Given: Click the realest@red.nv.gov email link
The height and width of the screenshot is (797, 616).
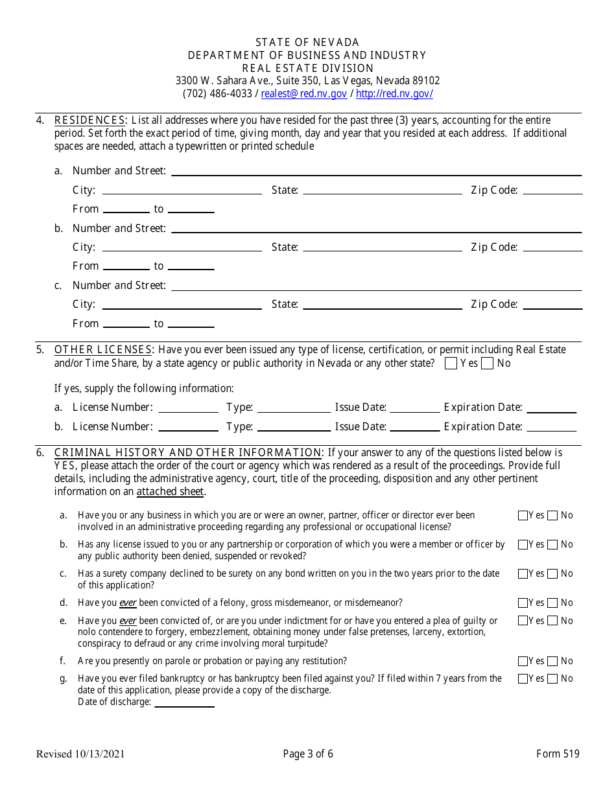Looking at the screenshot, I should [x=303, y=94].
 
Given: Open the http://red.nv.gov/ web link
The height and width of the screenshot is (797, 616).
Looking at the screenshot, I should [x=394, y=94].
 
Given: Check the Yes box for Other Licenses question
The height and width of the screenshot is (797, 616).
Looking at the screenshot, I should [x=451, y=364].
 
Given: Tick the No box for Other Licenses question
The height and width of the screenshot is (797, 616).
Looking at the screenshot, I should [x=488, y=364].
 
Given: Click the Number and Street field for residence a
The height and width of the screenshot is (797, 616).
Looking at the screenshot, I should [x=376, y=171].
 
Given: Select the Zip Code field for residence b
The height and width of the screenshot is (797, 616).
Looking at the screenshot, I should [x=552, y=248].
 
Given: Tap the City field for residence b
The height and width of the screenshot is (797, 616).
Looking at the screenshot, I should [x=182, y=248].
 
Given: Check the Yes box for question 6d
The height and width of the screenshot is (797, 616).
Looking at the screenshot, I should [x=523, y=603].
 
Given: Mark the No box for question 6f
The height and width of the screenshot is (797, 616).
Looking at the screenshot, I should [x=552, y=662].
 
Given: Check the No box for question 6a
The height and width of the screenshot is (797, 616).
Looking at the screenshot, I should [x=552, y=516].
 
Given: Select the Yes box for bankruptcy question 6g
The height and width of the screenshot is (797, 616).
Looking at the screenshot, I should [x=523, y=679].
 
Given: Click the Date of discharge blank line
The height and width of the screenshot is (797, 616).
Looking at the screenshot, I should [x=184, y=702].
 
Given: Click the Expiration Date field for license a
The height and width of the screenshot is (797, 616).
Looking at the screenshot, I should [x=551, y=408].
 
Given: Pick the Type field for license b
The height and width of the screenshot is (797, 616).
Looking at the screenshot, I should [x=294, y=427].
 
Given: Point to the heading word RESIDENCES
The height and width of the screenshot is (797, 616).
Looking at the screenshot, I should [x=90, y=121].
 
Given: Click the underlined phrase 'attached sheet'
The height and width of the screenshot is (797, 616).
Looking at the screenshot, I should [x=171, y=492].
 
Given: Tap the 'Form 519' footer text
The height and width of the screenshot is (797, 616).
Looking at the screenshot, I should [x=558, y=754].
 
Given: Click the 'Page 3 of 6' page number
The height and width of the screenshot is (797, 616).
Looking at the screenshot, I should [x=308, y=754].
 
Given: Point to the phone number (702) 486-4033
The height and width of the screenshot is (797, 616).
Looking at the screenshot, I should [x=217, y=94].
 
